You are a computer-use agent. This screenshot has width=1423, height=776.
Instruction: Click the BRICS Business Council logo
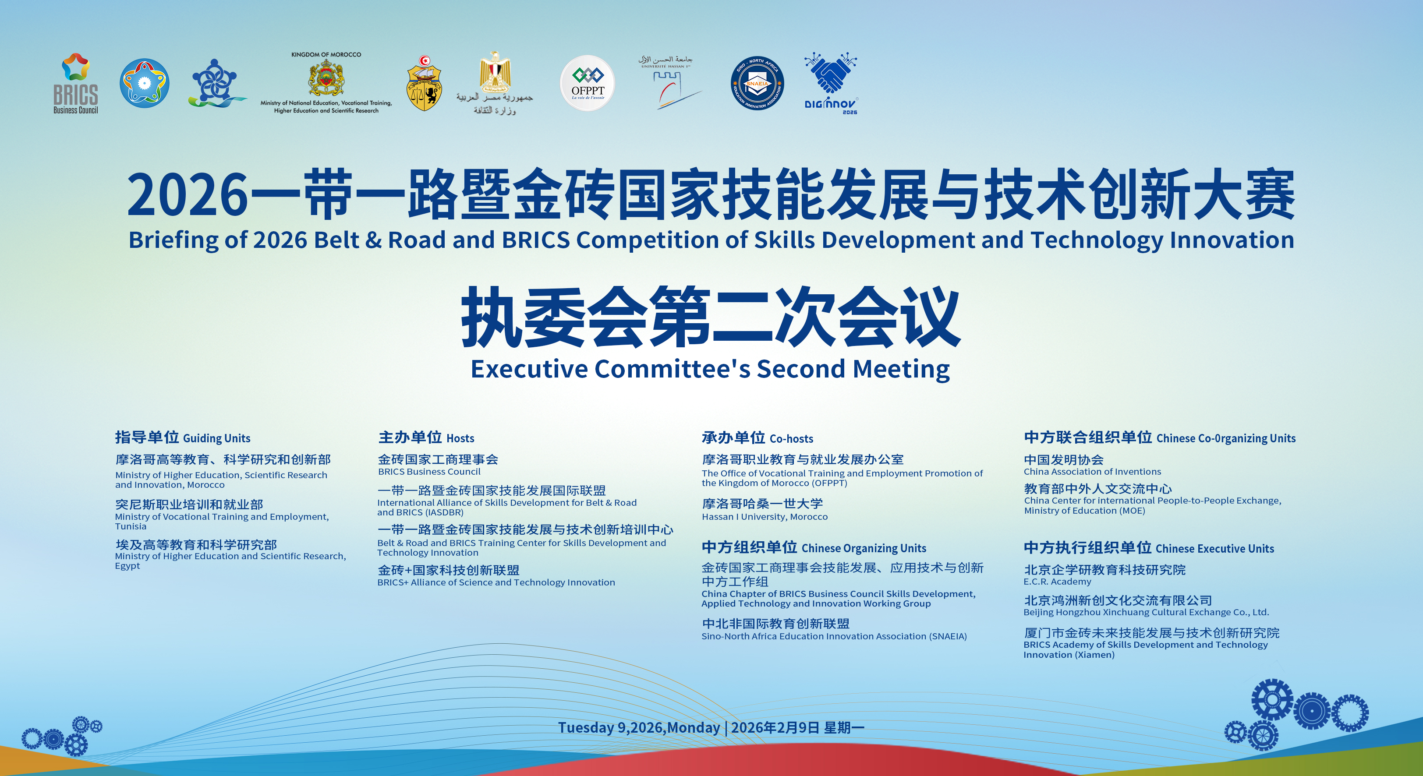tap(76, 83)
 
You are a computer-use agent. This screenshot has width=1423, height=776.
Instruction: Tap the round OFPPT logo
tap(587, 83)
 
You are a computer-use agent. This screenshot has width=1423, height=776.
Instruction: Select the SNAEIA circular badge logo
tap(757, 83)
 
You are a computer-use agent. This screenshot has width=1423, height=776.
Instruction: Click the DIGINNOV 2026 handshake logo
tap(830, 83)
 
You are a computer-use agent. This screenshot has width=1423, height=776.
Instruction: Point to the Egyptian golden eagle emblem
tap(494, 72)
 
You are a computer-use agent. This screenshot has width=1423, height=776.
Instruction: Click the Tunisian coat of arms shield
tap(424, 84)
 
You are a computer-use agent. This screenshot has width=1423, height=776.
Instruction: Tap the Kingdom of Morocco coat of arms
tap(326, 78)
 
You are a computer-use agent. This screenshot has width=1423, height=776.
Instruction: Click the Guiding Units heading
tap(183, 437)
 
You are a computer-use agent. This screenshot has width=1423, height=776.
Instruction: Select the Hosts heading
tap(426, 437)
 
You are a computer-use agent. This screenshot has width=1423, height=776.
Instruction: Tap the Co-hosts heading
tap(758, 438)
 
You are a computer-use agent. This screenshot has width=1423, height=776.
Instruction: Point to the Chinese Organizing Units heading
tap(814, 547)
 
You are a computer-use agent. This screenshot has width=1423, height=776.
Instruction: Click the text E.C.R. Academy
tap(1057, 582)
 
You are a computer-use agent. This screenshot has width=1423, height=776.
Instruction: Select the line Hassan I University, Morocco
tap(765, 517)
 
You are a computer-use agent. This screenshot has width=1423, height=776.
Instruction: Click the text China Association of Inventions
tap(1092, 472)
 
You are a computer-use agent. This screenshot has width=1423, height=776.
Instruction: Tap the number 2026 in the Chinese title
tap(188, 195)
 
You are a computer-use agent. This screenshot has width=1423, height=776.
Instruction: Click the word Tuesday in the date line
tap(586, 727)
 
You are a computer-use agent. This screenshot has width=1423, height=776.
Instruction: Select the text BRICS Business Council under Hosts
tap(429, 472)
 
